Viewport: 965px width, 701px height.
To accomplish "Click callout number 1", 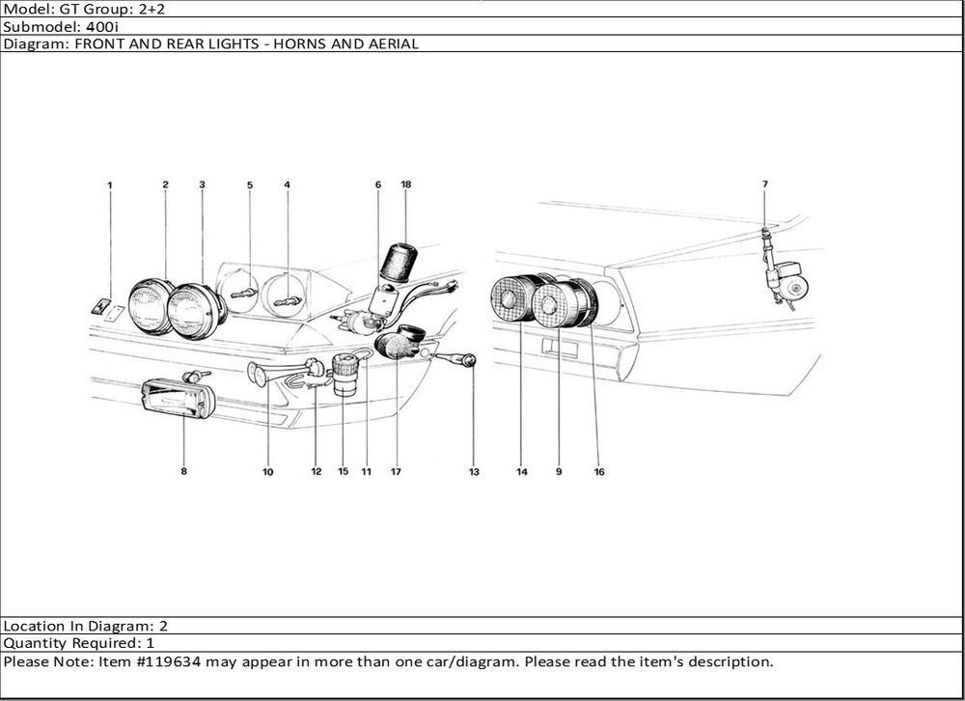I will pos(110,183).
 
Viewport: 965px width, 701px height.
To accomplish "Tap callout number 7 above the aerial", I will pos(764,183).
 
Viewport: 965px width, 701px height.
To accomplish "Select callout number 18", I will pos(406,183).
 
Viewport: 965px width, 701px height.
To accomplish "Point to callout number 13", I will pos(474,472).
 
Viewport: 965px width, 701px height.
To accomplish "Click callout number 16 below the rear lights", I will pos(599,472).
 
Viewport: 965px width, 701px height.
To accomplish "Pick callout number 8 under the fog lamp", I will pos(183,472).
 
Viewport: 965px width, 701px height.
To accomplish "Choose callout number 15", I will pos(343,472).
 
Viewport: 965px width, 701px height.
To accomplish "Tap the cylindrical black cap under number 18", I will pos(399,263).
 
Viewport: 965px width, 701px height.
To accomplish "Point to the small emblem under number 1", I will pos(99,307).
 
